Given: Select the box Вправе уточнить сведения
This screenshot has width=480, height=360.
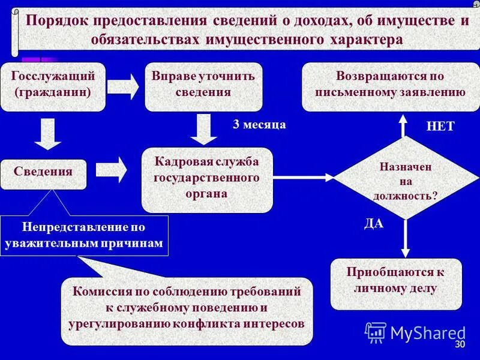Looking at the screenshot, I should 203,86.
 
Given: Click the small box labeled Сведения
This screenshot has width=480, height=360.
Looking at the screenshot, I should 43,172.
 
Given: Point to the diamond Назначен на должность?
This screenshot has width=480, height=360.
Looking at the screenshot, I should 406,178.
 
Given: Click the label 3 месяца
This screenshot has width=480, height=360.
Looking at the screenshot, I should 259,125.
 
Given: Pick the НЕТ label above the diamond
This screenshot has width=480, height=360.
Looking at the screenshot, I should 440,127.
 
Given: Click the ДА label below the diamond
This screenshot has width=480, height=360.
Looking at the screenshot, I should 374,224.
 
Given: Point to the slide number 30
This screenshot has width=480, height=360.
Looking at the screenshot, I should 460,345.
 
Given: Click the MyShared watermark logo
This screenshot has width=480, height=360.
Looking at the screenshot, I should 415,333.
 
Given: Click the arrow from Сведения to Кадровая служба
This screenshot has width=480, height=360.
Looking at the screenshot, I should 112,170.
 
